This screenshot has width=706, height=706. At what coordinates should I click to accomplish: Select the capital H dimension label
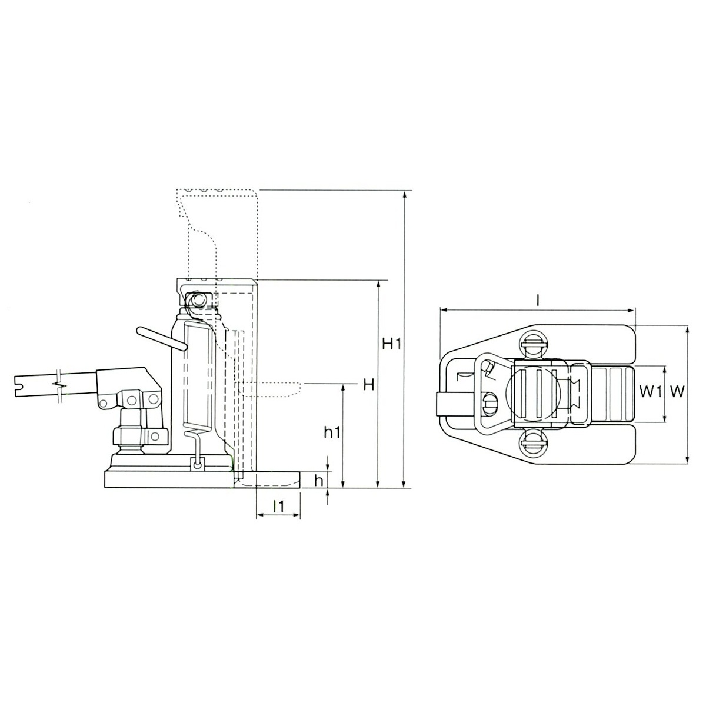point(369,385)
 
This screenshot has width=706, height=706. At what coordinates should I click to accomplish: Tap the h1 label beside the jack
point(332,432)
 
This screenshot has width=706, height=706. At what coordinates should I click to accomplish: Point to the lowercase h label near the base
point(318,480)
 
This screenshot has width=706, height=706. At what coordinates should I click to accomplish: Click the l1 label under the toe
point(279,506)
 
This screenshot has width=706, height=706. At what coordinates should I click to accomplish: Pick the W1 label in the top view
point(649,391)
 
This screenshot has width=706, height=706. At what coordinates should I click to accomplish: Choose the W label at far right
point(678,391)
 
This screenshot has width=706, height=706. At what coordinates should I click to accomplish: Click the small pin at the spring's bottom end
point(196,465)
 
